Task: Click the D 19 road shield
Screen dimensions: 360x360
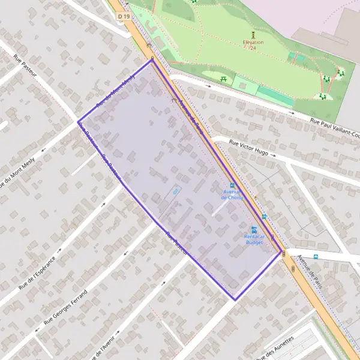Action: click(124, 16)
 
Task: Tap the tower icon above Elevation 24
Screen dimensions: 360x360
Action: click(253, 35)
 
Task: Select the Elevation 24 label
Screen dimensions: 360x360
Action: click(253, 45)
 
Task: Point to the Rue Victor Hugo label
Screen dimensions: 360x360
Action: click(248, 148)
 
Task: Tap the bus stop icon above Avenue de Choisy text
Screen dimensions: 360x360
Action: click(232, 185)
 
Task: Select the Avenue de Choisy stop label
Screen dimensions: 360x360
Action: click(232, 194)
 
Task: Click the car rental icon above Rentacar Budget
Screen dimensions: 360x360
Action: click(254, 229)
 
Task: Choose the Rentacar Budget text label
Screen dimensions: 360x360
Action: click(254, 239)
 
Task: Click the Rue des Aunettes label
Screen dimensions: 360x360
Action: click(275, 347)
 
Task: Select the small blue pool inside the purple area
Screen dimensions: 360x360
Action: click(176, 191)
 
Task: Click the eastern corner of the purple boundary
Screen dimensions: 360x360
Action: click(281, 252)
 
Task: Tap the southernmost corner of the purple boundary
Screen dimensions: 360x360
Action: click(235, 299)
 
